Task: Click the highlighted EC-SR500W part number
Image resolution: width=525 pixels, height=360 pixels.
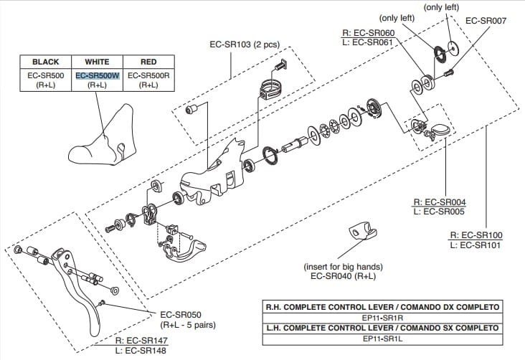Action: click(97, 75)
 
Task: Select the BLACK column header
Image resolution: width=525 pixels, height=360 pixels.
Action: click(45, 62)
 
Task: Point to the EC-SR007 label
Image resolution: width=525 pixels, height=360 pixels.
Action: click(486, 21)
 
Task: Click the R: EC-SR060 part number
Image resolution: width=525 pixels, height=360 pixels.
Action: click(369, 32)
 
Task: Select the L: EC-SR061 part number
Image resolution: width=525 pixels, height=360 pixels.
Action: click(370, 42)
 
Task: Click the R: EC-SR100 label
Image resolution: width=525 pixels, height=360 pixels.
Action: click(475, 235)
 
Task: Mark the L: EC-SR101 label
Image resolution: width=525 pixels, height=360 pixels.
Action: click(475, 245)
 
